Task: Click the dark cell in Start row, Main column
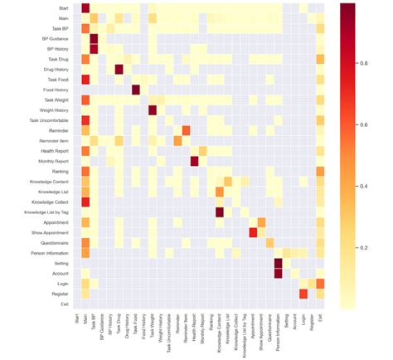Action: click(85, 7)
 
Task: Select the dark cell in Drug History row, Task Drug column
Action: click(119, 69)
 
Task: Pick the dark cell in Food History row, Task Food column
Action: click(136, 89)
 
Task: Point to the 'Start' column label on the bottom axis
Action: click(77, 317)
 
